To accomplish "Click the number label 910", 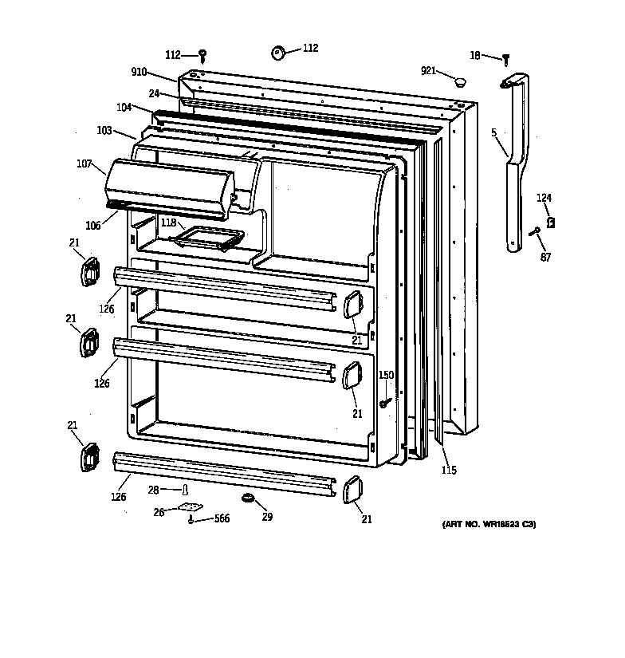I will pos(139,72).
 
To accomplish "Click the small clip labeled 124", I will pos(550,223).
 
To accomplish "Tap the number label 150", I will pos(386,375).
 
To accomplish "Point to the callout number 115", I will pos(449,471).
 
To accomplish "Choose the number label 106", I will pos(93,226).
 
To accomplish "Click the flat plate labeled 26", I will pos(190,506).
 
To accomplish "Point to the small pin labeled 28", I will pos(185,489).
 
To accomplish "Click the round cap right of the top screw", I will pos(280,52).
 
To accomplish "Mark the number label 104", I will pos(124,107).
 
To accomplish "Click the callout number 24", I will pos(154,93).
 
